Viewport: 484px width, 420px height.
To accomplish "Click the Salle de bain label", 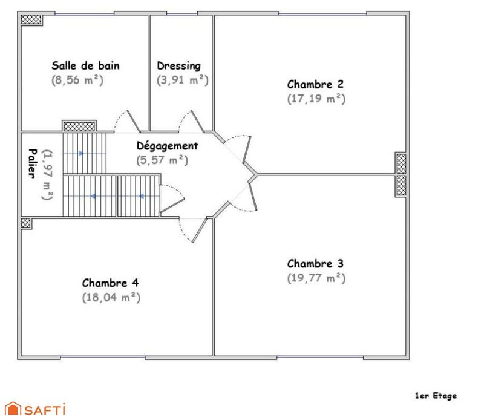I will (86, 65).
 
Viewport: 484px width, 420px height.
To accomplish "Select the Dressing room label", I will (178, 65).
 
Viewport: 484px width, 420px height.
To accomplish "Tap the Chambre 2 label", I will (316, 84).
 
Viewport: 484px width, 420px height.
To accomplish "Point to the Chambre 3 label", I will (316, 263).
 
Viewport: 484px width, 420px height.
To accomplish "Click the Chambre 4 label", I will (111, 283).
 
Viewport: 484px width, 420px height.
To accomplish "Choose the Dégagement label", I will (167, 146).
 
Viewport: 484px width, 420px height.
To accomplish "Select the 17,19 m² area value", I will (316, 98).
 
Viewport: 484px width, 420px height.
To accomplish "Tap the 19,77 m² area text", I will (316, 278).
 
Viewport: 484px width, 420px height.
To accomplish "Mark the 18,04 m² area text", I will (111, 297).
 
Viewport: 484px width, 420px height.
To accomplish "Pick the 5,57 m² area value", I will (162, 160).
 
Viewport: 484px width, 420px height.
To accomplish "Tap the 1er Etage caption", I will (436, 396).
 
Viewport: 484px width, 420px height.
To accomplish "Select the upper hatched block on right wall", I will (401, 162).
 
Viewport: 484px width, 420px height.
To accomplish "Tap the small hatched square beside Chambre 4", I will (25, 222).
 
